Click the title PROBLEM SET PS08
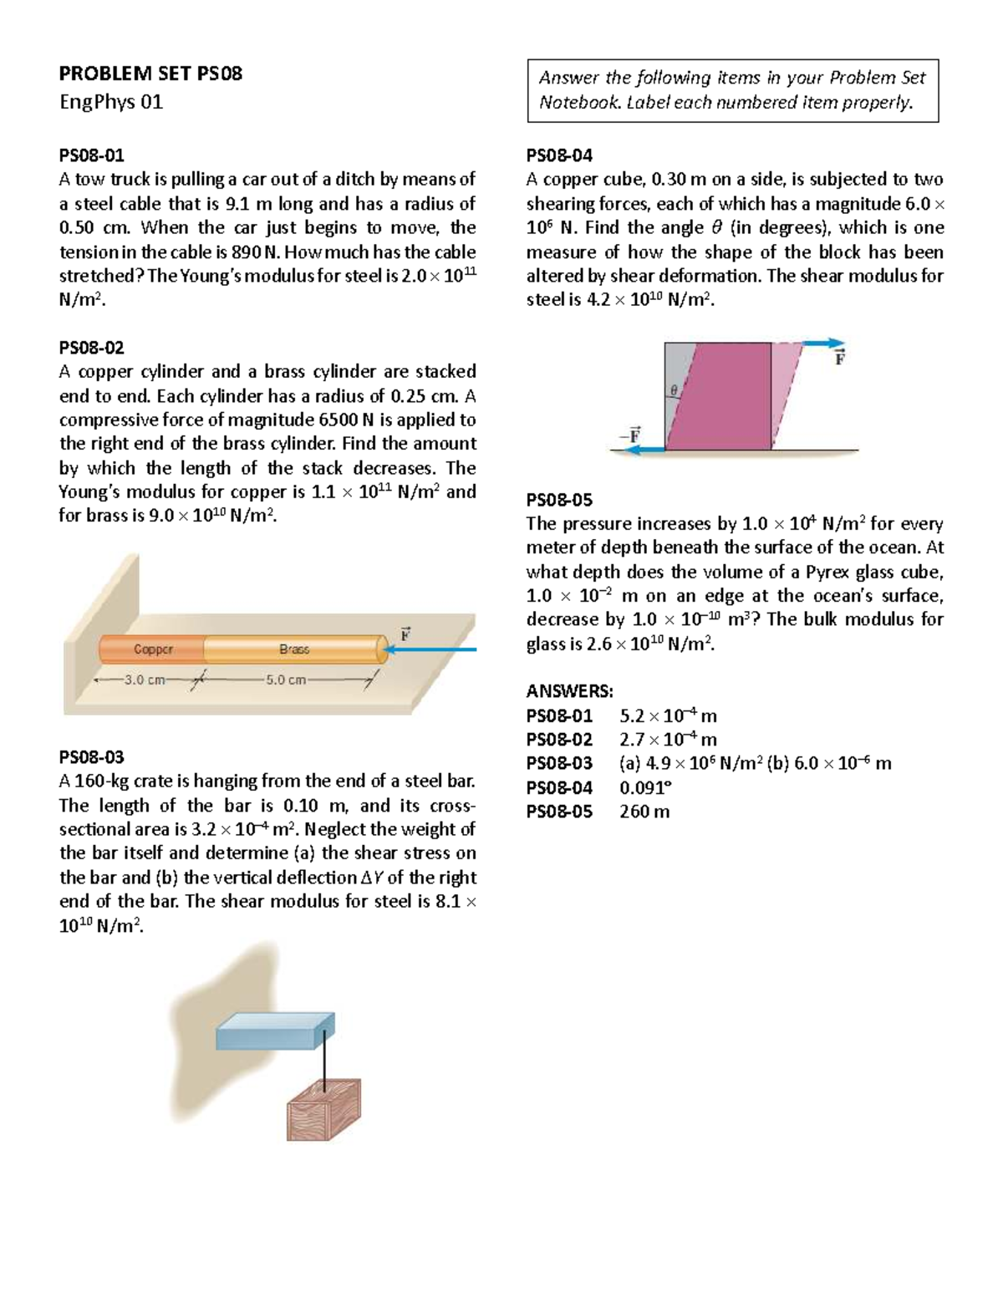pos(150,74)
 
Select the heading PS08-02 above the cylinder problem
pos(91,347)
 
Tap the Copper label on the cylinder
pos(153,649)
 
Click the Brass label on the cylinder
pos(294,649)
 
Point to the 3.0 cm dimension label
pos(145,680)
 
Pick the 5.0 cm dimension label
pos(286,680)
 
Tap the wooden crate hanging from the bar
pos(324,1109)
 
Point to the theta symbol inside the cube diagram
pos(672,390)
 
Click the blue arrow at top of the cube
pos(823,343)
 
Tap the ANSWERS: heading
pos(569,691)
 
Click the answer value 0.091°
pos(645,787)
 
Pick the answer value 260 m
pos(644,812)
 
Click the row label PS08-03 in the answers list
pos(558,763)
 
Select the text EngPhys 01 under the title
pos(110,102)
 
